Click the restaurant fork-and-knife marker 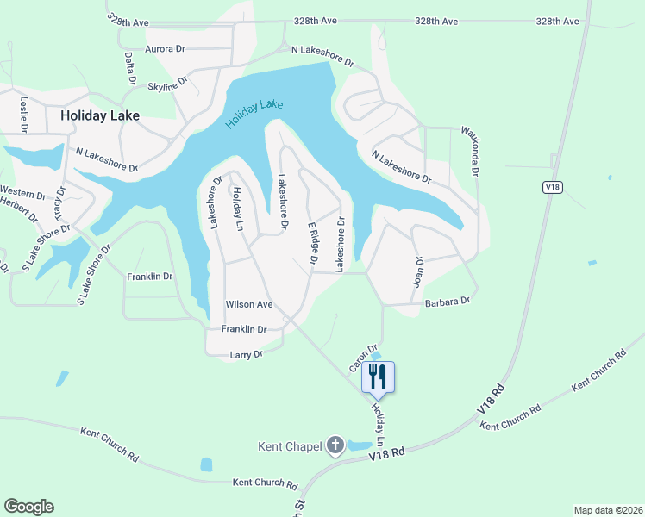point(377,377)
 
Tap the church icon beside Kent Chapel point(335,446)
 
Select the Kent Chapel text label point(290,446)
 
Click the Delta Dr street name point(130,67)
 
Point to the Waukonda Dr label point(473,146)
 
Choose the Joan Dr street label point(419,271)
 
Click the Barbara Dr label point(447,302)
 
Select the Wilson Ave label point(248,304)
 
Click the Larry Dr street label point(245,354)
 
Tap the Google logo point(28,507)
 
